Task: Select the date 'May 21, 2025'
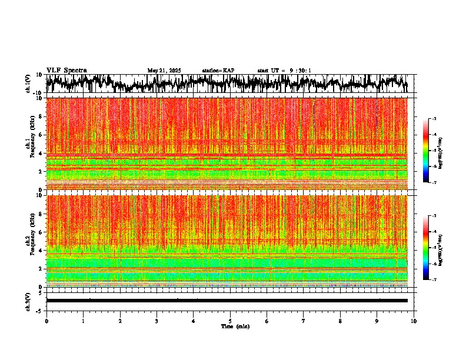[164, 71]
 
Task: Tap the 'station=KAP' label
[218, 71]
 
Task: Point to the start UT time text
[284, 71]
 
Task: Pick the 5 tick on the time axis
[230, 321]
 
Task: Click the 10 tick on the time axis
[414, 321]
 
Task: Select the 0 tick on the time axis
[46, 321]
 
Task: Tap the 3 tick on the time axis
[157, 321]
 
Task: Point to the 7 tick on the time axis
[304, 321]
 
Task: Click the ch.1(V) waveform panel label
[28, 84]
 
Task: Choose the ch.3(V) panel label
[28, 301]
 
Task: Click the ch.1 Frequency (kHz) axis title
[29, 144]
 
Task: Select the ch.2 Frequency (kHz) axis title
[29, 241]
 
